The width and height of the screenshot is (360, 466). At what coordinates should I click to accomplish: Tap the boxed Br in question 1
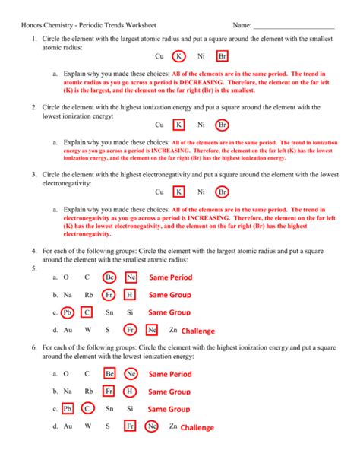[x=222, y=56]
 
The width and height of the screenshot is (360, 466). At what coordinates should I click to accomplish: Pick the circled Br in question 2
[x=223, y=125]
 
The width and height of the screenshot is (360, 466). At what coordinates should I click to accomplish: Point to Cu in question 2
[x=159, y=125]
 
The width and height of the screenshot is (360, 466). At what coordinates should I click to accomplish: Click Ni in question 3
[x=201, y=192]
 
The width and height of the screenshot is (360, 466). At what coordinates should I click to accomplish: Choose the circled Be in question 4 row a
[x=109, y=277]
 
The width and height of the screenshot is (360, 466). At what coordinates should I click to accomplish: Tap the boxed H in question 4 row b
[x=130, y=295]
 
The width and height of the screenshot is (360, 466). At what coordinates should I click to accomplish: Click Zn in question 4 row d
[x=173, y=330]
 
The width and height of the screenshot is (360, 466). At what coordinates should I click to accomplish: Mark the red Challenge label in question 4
[x=198, y=331]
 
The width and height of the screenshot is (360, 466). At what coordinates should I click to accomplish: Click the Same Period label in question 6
[x=170, y=374]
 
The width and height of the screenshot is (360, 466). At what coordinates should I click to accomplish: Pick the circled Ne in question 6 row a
[x=131, y=374]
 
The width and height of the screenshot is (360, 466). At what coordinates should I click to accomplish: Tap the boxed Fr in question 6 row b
[x=109, y=392]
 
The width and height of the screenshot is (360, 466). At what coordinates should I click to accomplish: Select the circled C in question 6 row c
[x=87, y=409]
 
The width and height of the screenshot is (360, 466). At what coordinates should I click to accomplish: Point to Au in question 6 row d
[x=68, y=426]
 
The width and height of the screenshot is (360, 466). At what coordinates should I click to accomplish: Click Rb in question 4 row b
[x=88, y=295]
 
